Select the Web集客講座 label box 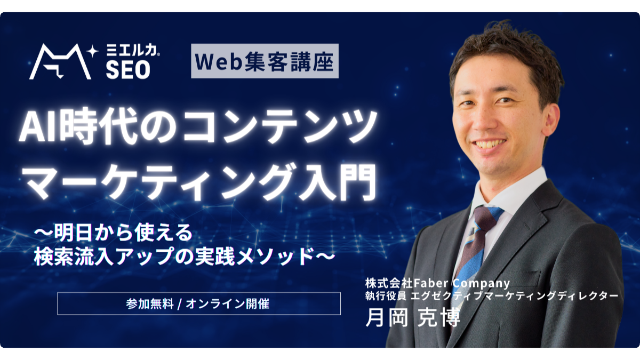[x=265, y=61]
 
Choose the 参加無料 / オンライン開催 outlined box [x=198, y=303]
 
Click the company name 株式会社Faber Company [x=437, y=282]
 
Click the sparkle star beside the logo [x=94, y=51]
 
